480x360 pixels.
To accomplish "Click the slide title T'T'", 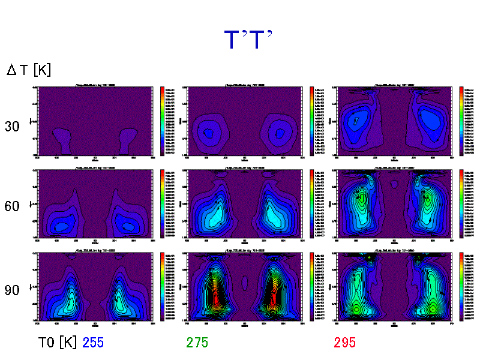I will click(x=248, y=40).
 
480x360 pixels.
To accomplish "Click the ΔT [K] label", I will click(x=29, y=70).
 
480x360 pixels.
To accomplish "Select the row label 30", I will click(x=13, y=127).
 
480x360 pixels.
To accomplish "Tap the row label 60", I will click(x=13, y=206).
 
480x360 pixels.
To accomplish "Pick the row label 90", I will click(x=13, y=290).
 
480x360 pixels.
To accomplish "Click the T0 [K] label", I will click(x=58, y=343).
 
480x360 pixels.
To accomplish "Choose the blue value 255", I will click(x=93, y=343).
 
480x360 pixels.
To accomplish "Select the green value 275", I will click(x=197, y=343).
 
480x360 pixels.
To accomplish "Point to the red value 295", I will click(x=345, y=343).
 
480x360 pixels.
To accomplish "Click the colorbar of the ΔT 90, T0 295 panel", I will click(x=461, y=286).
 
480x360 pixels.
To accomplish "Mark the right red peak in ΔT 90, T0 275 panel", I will click(x=274, y=294).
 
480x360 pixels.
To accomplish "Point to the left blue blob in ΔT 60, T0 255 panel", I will click(x=60, y=225).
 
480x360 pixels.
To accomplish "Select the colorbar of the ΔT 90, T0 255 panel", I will click(x=162, y=286).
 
